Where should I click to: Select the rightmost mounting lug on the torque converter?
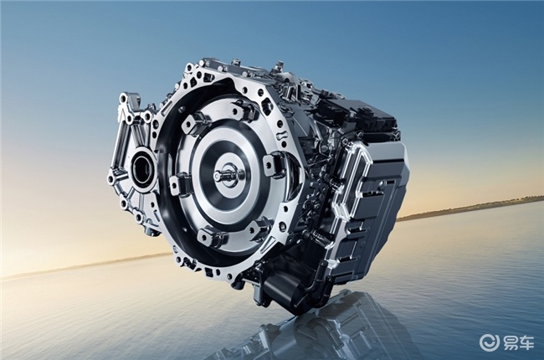[x=274, y=164]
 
